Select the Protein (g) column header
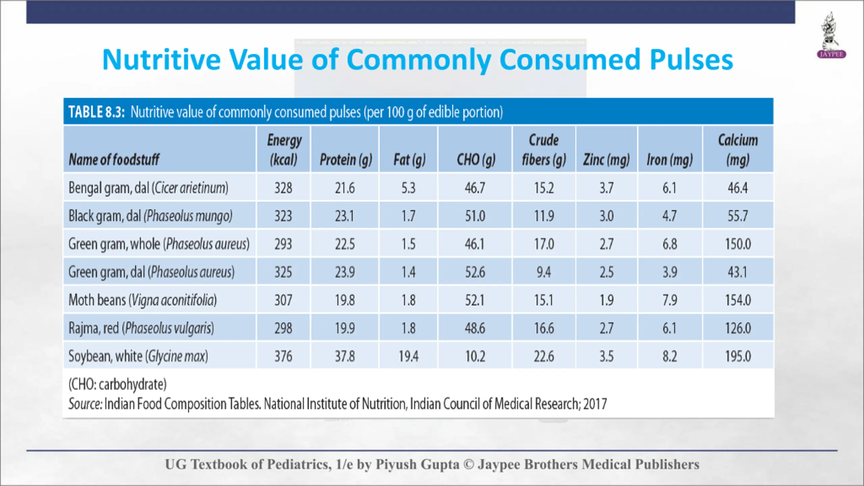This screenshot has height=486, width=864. coord(346,159)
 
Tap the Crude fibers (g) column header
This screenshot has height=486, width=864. coord(544,150)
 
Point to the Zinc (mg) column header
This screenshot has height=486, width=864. coord(606,159)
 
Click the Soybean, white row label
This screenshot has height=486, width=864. coord(138,356)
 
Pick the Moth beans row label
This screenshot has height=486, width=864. coord(142,300)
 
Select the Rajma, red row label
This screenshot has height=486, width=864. coord(141,328)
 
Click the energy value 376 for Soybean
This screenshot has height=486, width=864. coord(283,356)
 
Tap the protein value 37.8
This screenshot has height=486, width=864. coord(345,356)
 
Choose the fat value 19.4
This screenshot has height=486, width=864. coord(408,356)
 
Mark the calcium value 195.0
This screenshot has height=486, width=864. coord(738,356)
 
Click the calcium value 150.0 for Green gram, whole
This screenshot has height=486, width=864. coord(738,244)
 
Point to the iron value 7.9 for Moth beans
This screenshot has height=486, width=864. coord(670,300)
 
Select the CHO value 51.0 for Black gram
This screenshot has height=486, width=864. coord(475,216)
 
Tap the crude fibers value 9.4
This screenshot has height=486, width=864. coord(544,272)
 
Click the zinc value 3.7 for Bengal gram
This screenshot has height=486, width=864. coord(606,188)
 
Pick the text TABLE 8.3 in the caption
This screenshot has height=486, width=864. coord(97,112)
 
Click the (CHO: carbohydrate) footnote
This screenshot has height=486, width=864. coord(117,384)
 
